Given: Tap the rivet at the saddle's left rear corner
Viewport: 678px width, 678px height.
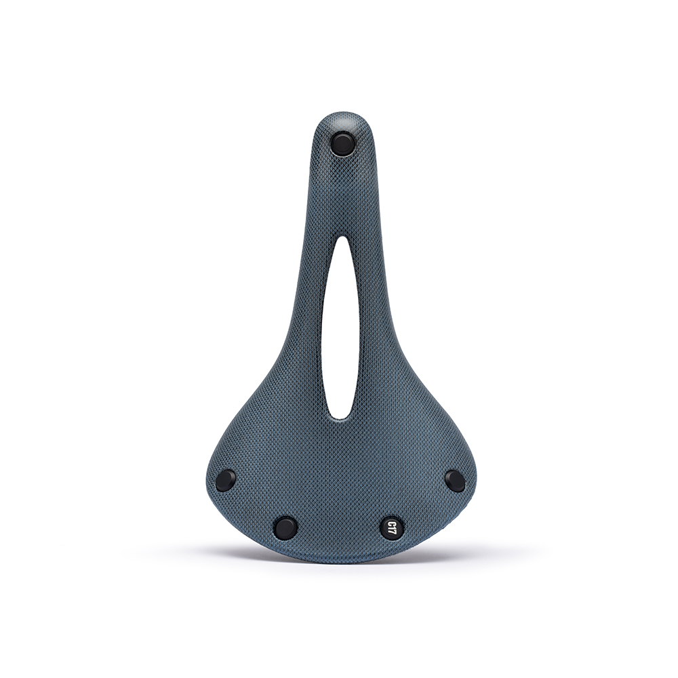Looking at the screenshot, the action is [x=226, y=479].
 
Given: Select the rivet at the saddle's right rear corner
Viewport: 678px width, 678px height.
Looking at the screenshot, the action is [x=454, y=481].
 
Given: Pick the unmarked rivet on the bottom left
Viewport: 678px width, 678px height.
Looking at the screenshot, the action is [x=286, y=527].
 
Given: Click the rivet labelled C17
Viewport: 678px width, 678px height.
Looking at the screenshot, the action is [x=392, y=527].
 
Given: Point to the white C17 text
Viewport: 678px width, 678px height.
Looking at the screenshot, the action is [x=392, y=527].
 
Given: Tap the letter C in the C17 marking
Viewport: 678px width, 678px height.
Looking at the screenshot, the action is [x=392, y=532].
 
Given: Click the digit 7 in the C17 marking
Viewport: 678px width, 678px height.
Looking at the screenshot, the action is [x=392, y=523].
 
